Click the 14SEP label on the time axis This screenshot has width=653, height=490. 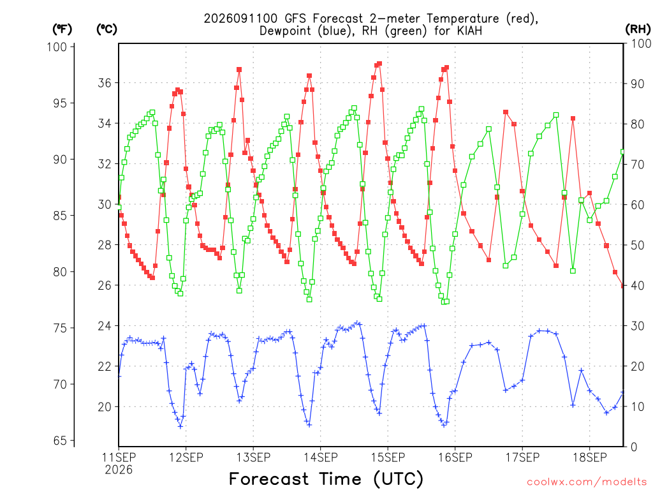pyautogui.click(x=320, y=457)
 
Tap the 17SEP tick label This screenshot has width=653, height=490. pyautogui.click(x=522, y=457)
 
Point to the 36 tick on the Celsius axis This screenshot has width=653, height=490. pyautogui.click(x=105, y=83)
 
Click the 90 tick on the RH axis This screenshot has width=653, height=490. pyautogui.click(x=637, y=84)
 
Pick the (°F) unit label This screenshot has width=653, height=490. pyautogui.click(x=62, y=29)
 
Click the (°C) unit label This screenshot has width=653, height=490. pyautogui.click(x=106, y=29)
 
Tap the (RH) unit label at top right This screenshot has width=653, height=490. pyautogui.click(x=638, y=29)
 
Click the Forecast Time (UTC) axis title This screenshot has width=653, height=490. pyautogui.click(x=326, y=479)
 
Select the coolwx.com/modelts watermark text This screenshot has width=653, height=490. pyautogui.click(x=587, y=482)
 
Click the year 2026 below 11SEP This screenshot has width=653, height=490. pyautogui.click(x=119, y=470)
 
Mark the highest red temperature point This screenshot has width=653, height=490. pyautogui.click(x=379, y=64)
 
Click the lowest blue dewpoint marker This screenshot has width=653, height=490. pyautogui.click(x=180, y=427)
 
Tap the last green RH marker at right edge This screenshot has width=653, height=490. pyautogui.click(x=623, y=152)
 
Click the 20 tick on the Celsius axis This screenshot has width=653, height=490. pyautogui.click(x=105, y=406)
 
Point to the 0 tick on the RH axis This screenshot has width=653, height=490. pyautogui.click(x=634, y=447)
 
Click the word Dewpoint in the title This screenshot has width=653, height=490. pyautogui.click(x=286, y=31)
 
